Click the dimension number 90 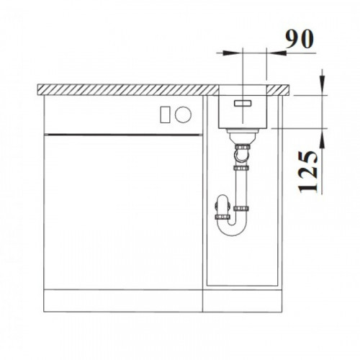[300, 39]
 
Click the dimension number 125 [308, 172]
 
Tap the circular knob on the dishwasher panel [183, 114]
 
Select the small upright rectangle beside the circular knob [165, 114]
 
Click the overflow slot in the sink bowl [243, 103]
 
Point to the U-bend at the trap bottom [232, 228]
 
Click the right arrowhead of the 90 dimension [276, 53]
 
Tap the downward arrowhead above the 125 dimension [323, 84]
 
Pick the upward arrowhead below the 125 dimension [323, 139]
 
